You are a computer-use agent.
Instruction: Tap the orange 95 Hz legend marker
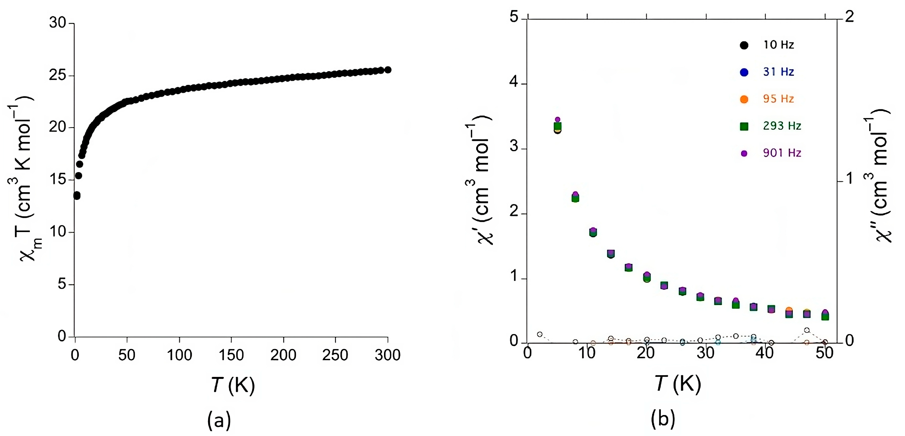click(x=744, y=99)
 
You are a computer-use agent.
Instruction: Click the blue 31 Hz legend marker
click(x=744, y=72)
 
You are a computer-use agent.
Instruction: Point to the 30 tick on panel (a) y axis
click(x=58, y=23)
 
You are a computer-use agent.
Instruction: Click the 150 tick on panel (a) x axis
click(x=231, y=355)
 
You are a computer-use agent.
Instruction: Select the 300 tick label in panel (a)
click(x=387, y=355)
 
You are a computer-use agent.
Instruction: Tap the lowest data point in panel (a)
click(x=77, y=196)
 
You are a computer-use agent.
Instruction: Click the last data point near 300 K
click(x=388, y=70)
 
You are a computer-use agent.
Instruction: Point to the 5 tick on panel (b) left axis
click(x=514, y=17)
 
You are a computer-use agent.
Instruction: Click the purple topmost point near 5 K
click(x=557, y=120)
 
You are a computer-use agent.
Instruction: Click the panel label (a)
click(x=219, y=419)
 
